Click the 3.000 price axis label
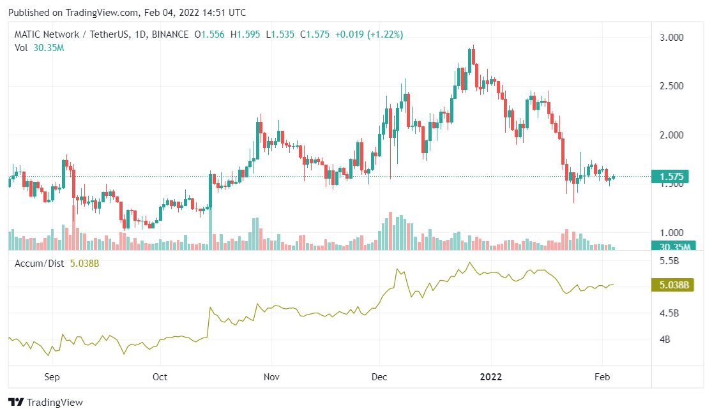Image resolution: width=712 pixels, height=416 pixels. pos(672,38)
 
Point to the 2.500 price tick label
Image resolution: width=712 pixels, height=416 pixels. pos(672,86)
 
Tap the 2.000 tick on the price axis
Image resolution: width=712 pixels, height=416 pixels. pos(672,135)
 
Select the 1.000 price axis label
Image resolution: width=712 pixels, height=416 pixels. pos(672,233)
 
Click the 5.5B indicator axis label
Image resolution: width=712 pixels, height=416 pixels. pos(668,261)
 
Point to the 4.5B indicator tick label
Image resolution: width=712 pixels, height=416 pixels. pos(668,313)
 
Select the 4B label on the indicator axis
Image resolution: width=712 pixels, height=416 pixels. pos(663,339)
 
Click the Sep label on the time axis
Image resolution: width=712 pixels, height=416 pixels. pos(52,377)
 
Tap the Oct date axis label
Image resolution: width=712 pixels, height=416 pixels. pos(160,377)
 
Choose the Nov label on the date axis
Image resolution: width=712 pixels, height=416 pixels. pos(272,377)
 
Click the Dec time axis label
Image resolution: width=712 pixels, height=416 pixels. pos(379,377)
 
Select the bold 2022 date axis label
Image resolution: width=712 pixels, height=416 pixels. pos(491,377)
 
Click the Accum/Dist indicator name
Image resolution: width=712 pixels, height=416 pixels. pos(39,263)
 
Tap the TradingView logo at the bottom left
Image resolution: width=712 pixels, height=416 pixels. pos(46,403)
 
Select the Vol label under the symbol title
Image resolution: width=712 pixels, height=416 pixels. pos(21,48)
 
